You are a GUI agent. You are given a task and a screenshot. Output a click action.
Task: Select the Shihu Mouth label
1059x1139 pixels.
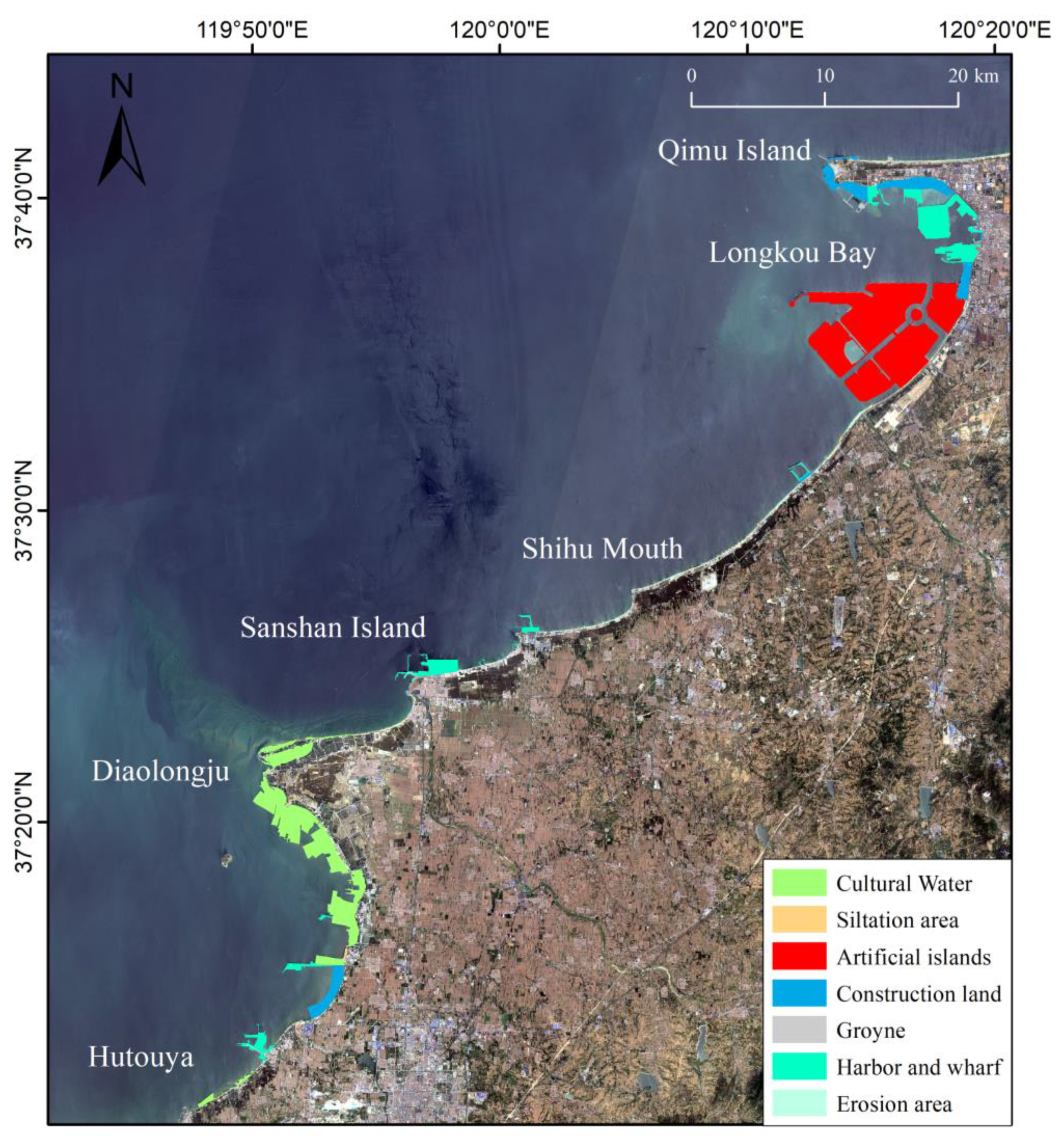coord(602,549)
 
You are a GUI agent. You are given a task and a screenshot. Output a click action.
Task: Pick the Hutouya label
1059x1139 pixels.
coord(141,1057)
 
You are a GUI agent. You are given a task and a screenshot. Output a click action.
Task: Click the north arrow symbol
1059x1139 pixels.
coord(121,147)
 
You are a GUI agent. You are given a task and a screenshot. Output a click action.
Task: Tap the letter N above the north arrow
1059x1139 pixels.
coord(121,86)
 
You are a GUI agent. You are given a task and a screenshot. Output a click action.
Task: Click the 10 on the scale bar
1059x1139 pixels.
coord(825,76)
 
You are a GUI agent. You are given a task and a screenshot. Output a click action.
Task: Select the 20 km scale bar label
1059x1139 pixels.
coord(973,76)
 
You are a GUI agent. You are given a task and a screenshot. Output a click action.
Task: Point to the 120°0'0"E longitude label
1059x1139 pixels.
coord(500,29)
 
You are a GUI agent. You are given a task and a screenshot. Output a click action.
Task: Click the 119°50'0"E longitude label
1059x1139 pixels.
coord(253,29)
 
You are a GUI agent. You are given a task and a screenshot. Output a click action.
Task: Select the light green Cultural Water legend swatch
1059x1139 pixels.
coord(799,883)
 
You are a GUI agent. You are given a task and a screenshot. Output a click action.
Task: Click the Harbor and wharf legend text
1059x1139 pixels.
coord(919,1067)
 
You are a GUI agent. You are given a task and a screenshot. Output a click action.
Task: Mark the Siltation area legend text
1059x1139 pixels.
coord(897,920)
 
